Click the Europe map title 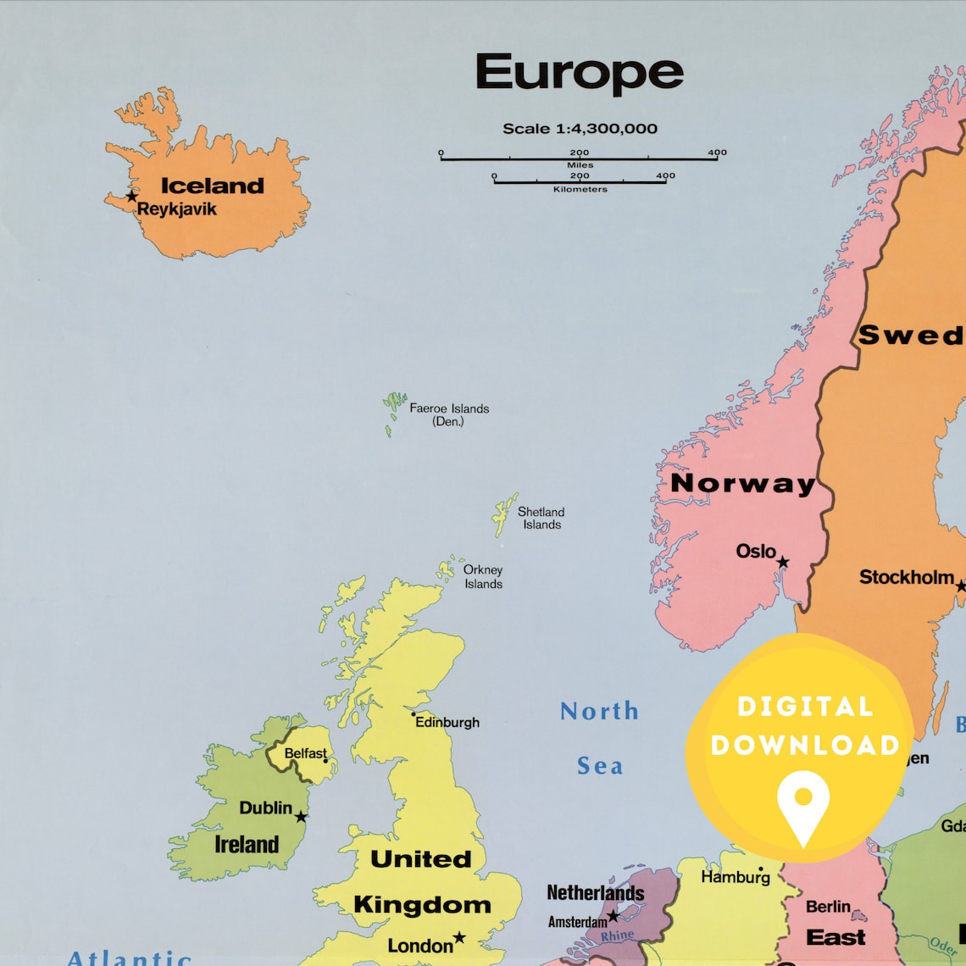coord(580,73)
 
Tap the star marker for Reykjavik coord(131,197)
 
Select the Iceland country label coord(213,186)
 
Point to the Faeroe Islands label coord(449,414)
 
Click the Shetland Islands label coord(541,518)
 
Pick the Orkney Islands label coord(483,576)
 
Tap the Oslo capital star coord(783,562)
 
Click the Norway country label coord(742,483)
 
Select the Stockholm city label coord(907,577)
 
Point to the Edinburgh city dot coord(414,714)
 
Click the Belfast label coord(305,753)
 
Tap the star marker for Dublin coord(301,817)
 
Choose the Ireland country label coord(247,845)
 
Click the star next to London coord(459,937)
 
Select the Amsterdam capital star coord(613,916)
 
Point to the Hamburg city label coord(735,877)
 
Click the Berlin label coord(828,907)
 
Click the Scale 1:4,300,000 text coord(580,129)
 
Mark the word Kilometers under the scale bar coord(580,189)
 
